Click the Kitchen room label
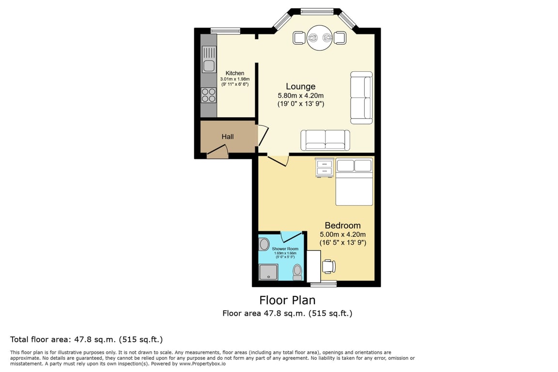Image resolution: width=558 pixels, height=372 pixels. (235, 73)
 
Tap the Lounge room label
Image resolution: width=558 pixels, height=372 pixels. (301, 87)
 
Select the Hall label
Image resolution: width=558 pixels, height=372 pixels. (228, 137)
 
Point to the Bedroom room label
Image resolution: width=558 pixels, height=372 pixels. (343, 225)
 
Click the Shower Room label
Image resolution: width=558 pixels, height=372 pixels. (285, 249)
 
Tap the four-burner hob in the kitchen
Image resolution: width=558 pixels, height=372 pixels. (209, 95)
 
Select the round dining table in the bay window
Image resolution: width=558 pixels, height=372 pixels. (320, 38)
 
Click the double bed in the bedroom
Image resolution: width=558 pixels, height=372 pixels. (354, 182)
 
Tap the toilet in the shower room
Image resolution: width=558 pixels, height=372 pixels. (297, 272)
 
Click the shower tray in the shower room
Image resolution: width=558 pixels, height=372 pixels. (268, 272)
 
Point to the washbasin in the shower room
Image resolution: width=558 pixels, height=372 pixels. (264, 245)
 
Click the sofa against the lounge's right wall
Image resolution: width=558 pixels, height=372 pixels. (361, 98)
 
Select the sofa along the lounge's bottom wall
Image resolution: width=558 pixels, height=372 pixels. (325, 140)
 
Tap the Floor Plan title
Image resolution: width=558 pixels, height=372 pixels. (287, 300)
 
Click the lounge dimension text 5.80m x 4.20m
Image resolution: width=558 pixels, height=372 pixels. (301, 96)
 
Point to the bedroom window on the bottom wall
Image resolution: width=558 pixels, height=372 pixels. (324, 284)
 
